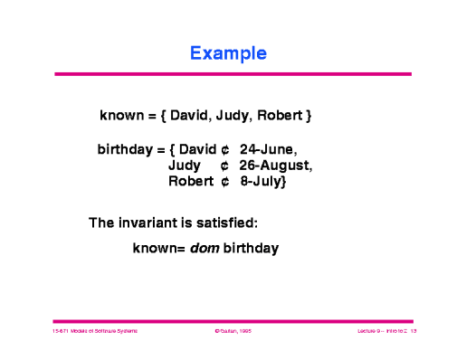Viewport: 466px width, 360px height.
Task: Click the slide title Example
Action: pos(228,52)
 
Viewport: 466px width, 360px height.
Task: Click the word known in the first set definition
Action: pos(121,117)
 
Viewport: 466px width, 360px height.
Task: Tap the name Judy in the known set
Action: pos(233,117)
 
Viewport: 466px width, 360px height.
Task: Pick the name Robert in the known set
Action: pos(280,117)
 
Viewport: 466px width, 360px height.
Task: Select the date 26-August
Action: pos(275,165)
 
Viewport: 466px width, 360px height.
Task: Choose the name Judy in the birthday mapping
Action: pos(185,165)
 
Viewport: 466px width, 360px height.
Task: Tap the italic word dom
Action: pos(203,247)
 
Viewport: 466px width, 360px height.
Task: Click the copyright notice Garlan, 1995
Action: pos(232,333)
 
